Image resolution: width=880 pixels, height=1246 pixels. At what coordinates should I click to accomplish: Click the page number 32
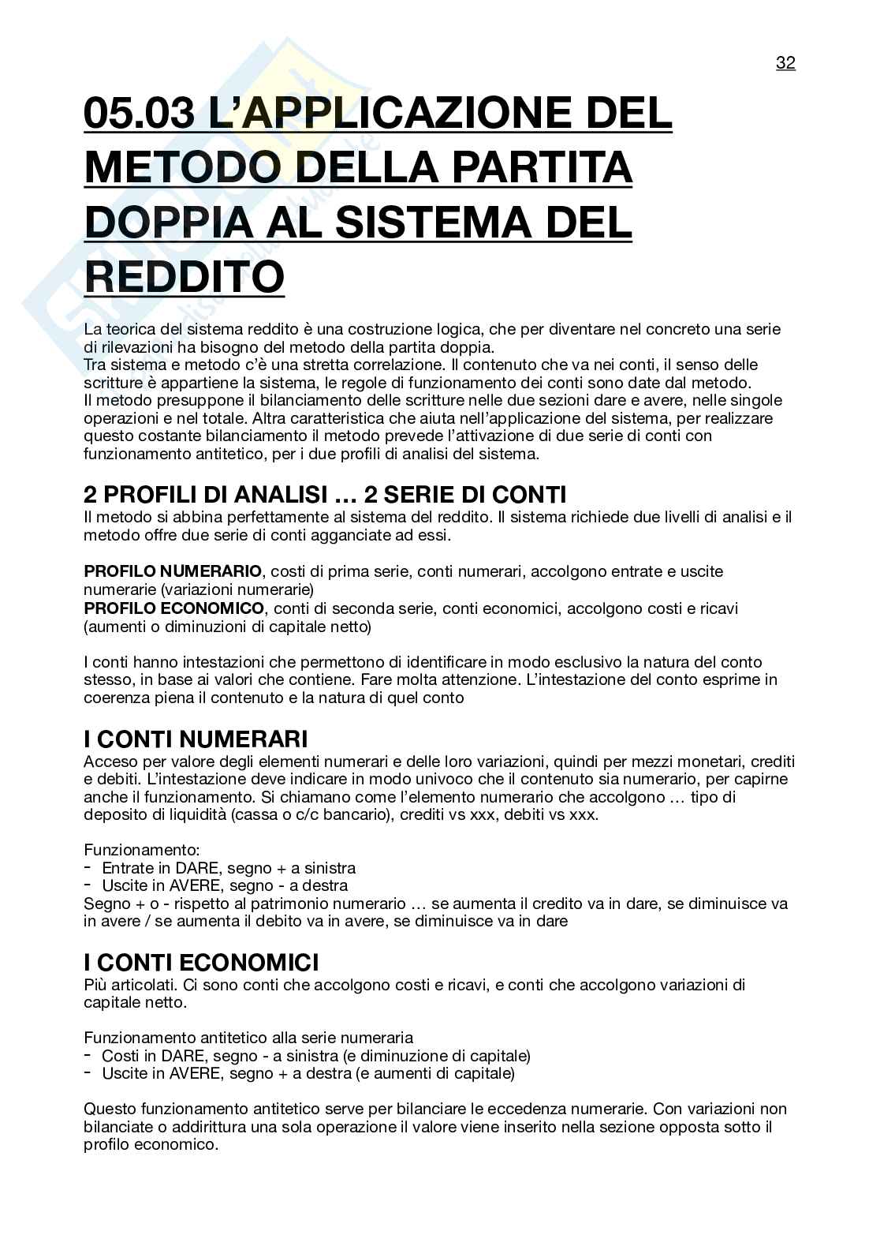click(x=785, y=63)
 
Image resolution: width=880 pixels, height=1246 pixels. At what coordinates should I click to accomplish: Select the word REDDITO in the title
click(x=184, y=276)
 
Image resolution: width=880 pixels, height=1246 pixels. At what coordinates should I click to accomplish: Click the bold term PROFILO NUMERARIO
click(x=173, y=571)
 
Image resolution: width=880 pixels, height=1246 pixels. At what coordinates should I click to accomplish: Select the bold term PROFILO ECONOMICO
click(x=173, y=608)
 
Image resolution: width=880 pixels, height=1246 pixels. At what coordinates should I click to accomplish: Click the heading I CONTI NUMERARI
click(x=196, y=739)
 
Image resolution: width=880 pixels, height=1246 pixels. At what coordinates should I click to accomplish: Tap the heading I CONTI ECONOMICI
click(x=201, y=963)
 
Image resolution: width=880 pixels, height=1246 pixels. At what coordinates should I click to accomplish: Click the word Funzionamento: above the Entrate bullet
click(x=142, y=850)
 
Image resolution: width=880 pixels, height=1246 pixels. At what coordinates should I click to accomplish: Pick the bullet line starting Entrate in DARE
click(x=229, y=868)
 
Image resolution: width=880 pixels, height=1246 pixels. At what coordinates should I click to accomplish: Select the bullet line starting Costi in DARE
click(x=315, y=1056)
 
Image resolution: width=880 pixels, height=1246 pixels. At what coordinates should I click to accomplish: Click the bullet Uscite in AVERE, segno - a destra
click(x=225, y=886)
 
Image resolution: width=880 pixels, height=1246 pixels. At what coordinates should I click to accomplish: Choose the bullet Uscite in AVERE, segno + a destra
click(x=308, y=1074)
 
